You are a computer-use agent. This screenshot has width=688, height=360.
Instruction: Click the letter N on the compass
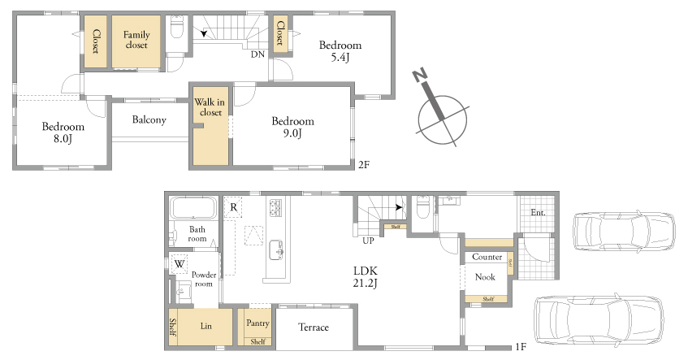pyautogui.click(x=420, y=76)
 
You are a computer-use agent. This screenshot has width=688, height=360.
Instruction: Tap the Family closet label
pyautogui.click(x=136, y=40)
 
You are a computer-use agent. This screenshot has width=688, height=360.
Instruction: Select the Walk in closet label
pyautogui.click(x=210, y=107)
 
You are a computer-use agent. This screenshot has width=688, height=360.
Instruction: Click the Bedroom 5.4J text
pyautogui.click(x=340, y=51)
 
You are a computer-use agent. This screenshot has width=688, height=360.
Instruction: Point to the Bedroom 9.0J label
pyautogui.click(x=292, y=127)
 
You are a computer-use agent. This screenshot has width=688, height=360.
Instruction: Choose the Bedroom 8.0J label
pyautogui.click(x=63, y=132)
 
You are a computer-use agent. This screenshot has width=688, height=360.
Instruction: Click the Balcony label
pyautogui.click(x=149, y=119)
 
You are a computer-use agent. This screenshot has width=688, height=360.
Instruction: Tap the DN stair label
pyautogui.click(x=258, y=54)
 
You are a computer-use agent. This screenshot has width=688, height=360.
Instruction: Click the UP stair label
pyautogui.click(x=368, y=241)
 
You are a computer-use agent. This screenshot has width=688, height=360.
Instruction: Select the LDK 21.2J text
pyautogui.click(x=365, y=276)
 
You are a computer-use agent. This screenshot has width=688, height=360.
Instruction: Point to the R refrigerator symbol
pyautogui.click(x=233, y=207)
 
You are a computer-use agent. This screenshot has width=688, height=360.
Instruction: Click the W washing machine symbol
pyautogui.click(x=180, y=264)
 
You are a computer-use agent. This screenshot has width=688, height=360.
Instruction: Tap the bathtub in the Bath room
pyautogui.click(x=193, y=208)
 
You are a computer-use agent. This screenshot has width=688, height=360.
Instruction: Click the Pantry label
pyautogui.click(x=257, y=323)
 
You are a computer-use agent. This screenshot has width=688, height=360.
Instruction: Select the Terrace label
pyautogui.click(x=314, y=327)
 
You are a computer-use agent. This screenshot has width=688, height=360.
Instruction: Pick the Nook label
pyautogui.click(x=485, y=277)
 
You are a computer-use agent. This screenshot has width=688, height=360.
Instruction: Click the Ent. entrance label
pyautogui.click(x=538, y=212)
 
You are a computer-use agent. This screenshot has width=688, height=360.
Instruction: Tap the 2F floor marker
pyautogui.click(x=364, y=165)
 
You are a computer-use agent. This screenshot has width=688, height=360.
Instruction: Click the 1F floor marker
pyautogui.click(x=521, y=347)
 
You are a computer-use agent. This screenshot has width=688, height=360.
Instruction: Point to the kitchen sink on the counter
pyautogui.click(x=275, y=249)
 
